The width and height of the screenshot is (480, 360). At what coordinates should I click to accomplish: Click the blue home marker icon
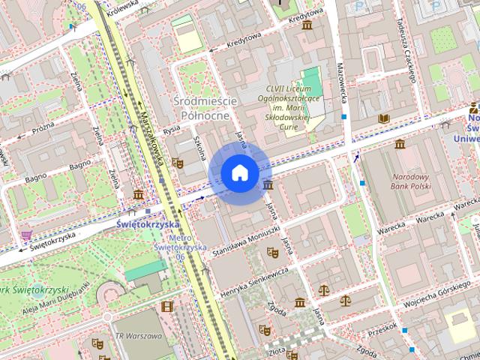pyautogui.click(x=239, y=173)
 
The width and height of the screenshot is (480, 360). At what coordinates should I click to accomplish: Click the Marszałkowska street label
pyautogui.click(x=153, y=137)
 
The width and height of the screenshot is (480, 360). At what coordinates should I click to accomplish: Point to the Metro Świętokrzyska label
pyautogui.click(x=179, y=247)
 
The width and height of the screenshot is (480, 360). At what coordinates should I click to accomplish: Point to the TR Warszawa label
pyautogui.click(x=137, y=335)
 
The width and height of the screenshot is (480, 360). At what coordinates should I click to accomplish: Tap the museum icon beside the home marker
pyautogui.click(x=268, y=184)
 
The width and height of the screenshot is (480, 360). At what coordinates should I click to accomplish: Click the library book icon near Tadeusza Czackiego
pyautogui.click(x=384, y=118)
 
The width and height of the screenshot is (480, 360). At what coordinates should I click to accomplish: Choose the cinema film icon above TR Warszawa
pyautogui.click(x=166, y=306)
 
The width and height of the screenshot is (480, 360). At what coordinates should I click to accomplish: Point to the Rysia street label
pyautogui.click(x=172, y=130)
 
